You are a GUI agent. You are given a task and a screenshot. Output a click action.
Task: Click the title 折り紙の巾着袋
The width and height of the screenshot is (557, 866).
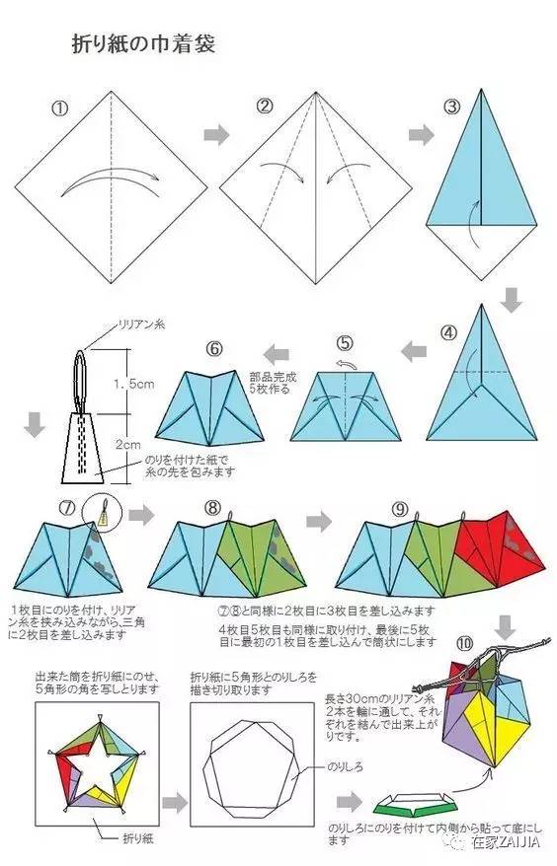point(142,43)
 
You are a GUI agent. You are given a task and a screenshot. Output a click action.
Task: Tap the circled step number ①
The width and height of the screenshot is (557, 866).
point(60,107)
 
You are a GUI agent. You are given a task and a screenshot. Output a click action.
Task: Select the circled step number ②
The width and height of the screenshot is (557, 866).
point(264,106)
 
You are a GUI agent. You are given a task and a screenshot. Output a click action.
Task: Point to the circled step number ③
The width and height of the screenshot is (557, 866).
point(451,107)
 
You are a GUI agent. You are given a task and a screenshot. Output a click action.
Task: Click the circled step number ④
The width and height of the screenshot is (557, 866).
point(449,331)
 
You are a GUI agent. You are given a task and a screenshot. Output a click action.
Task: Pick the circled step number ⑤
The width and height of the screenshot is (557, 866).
point(344,343)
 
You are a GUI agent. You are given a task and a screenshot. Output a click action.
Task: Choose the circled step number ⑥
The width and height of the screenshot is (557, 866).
point(215,347)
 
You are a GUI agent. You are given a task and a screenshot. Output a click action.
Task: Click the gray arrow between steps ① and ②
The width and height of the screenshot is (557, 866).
point(215,133)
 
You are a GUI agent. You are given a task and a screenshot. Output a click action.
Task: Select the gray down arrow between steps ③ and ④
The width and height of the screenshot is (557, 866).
point(510,298)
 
